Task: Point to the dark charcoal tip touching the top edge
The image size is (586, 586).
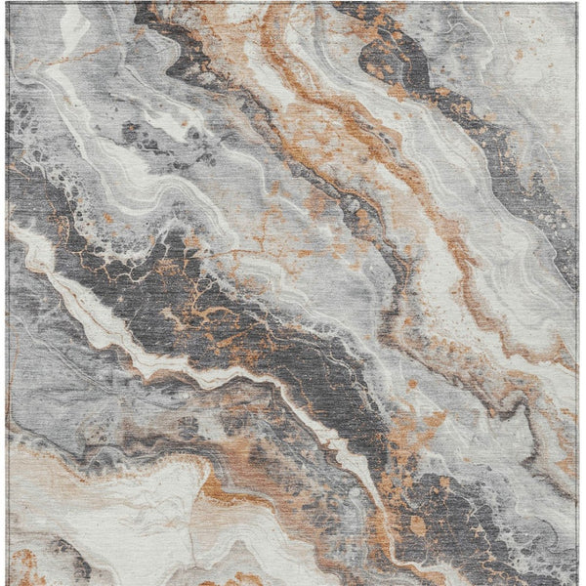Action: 146,10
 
